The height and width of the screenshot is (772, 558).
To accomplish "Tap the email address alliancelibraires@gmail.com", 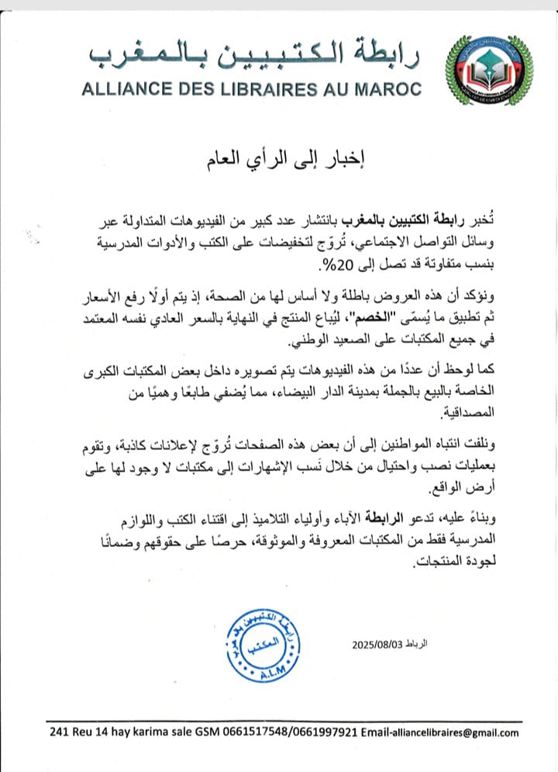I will click(456, 732).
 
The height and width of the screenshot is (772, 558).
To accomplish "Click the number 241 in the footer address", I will click(58, 732).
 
